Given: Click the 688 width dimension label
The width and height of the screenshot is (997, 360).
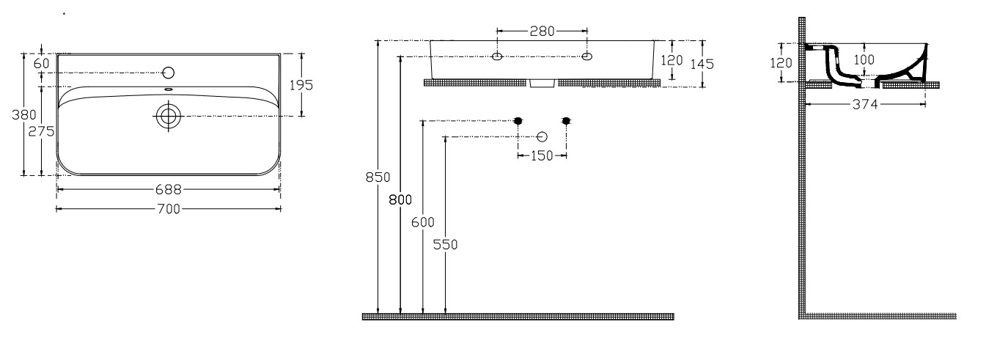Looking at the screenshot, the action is pos(169,190).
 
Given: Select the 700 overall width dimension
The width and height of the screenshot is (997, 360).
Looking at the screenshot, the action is pos(169,209).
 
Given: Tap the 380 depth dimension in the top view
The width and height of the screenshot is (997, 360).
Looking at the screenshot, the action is pos(24,115).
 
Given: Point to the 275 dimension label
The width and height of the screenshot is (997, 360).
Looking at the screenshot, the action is pos(41,131).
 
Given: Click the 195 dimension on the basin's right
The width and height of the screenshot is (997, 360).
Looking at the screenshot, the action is pos(301,85).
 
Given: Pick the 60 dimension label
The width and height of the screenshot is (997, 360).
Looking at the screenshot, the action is pos(41,64).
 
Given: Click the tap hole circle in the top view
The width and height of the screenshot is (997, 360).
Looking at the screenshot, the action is pos(169,73).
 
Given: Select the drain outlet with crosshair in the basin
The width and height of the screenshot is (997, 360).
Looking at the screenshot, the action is pos(169,116).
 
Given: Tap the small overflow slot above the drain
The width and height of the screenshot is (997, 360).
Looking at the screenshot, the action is pos(169,90).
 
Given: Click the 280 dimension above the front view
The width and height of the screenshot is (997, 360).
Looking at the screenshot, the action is pos(542,31).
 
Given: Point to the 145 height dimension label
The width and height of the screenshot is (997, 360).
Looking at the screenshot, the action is pos(702,64).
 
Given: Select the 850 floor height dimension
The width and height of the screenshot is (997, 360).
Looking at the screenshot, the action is pos(378,177).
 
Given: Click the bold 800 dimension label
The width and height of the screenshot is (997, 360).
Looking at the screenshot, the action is pos(400,200).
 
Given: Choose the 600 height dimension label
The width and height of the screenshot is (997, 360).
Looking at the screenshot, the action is pos(422,222).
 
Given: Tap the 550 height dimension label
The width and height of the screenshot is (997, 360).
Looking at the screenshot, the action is pos(445,244).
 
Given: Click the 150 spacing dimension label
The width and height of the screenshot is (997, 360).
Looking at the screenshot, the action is pos(542,155).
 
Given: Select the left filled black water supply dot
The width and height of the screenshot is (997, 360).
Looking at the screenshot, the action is pos(518,120).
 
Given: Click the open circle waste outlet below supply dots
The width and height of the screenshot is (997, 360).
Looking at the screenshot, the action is pos(542,136).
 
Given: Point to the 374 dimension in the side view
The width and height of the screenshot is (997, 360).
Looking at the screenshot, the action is pos(865,105).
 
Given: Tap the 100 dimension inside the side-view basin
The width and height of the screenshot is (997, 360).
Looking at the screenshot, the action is pos(864,59).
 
